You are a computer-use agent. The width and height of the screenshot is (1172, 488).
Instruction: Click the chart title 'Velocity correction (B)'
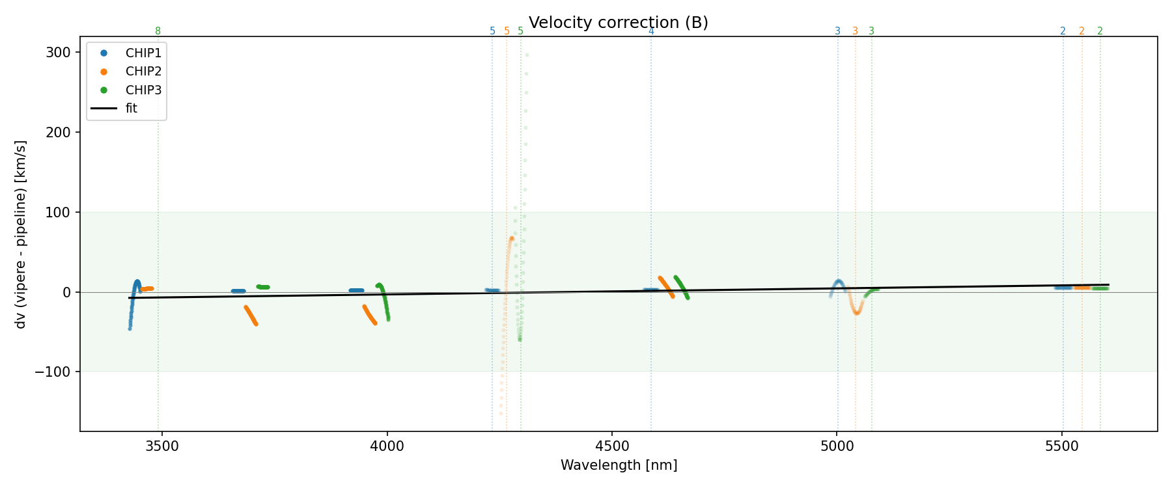(618, 23)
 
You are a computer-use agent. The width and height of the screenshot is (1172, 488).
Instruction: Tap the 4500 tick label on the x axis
(612, 447)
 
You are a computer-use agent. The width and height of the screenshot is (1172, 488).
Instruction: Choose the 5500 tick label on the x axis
(1062, 447)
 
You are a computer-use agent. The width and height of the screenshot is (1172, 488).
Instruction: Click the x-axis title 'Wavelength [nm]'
(619, 465)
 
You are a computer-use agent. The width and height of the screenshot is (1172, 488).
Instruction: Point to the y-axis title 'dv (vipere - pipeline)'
(21, 234)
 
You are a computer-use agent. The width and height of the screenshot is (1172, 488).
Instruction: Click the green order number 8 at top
(158, 31)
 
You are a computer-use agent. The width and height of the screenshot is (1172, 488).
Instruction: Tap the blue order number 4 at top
(651, 31)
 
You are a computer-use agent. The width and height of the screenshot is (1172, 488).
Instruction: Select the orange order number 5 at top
(507, 31)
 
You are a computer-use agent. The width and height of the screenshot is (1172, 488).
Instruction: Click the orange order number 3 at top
(855, 31)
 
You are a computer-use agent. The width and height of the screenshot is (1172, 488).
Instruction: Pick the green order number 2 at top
(1100, 31)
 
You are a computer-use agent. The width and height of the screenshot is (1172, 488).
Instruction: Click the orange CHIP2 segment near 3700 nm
(251, 316)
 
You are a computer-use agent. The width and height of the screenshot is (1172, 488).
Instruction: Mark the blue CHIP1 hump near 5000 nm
(839, 282)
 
